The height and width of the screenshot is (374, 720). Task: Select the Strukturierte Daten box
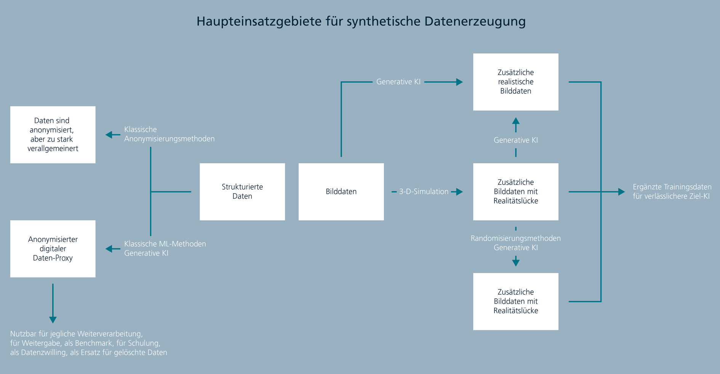tap(242, 191)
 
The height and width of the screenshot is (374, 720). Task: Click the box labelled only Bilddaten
tap(341, 191)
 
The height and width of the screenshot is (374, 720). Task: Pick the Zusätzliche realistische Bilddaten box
tap(515, 82)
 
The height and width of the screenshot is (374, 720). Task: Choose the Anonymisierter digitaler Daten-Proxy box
tap(53, 249)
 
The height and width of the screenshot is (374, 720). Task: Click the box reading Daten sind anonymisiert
tap(53, 135)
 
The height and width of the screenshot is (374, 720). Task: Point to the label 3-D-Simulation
tap(424, 192)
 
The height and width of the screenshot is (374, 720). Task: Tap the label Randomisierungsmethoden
tap(515, 238)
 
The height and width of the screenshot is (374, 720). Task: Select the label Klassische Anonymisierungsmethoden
tap(169, 134)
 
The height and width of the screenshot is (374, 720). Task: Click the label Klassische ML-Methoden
tap(165, 244)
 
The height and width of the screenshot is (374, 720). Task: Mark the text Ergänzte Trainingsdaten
tap(672, 187)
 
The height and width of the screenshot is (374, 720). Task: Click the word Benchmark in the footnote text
tap(93, 343)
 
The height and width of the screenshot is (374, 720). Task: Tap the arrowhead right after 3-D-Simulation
tap(459, 192)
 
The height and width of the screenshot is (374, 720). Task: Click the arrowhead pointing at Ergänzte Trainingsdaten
tap(621, 192)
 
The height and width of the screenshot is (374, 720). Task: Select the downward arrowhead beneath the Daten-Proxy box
tap(53, 319)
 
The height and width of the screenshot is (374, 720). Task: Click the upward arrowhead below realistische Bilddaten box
tap(516, 121)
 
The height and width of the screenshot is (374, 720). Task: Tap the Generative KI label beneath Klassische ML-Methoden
tap(146, 254)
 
